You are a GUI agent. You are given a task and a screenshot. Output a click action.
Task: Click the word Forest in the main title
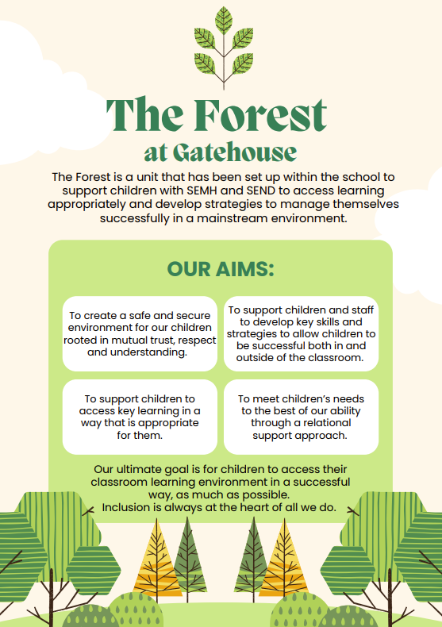[x=260, y=115]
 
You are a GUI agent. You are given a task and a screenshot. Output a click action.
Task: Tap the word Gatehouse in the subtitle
[x=235, y=152]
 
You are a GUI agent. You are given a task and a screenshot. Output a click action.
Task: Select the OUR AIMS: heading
[x=221, y=269]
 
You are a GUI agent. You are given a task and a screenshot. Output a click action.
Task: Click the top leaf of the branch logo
[x=224, y=20]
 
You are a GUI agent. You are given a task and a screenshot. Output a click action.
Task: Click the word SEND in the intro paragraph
[x=261, y=190]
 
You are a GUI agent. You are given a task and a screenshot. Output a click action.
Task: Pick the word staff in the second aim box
[x=363, y=310]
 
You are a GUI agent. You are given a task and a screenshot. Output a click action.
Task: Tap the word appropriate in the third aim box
[x=168, y=423]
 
